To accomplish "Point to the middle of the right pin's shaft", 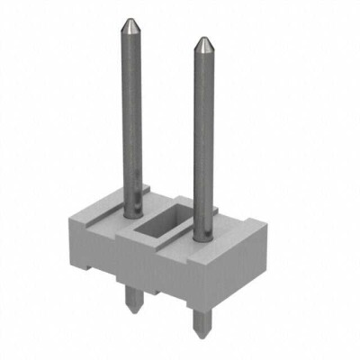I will (x=204, y=135).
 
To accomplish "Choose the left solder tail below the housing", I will (x=132, y=297).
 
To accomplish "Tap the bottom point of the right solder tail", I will (x=200, y=335).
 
